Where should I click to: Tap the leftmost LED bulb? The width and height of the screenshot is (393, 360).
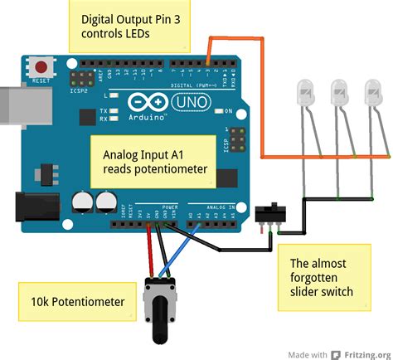(306, 93)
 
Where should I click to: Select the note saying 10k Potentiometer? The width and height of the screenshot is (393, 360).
(74, 302)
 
